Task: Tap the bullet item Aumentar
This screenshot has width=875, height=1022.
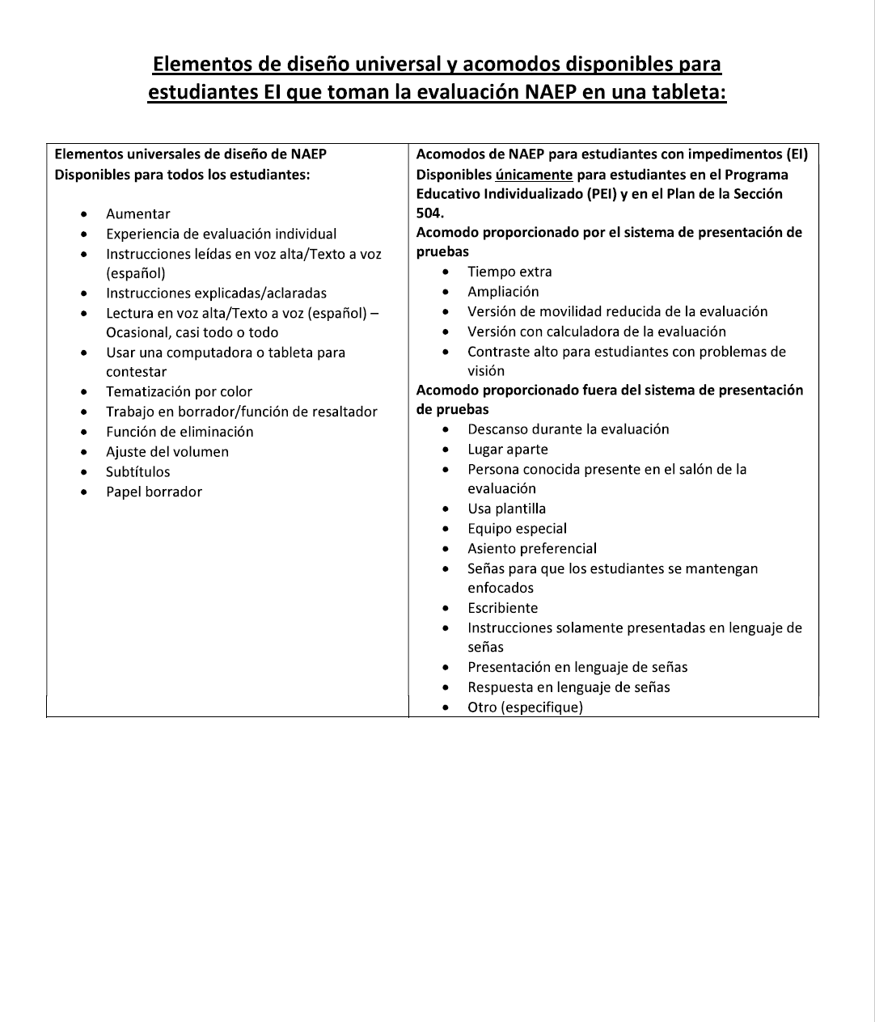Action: pos(138,214)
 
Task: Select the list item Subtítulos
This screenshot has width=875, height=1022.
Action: pos(138,472)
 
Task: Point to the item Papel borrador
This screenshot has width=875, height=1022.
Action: pos(154,492)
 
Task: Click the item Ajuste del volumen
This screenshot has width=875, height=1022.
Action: pos(167,452)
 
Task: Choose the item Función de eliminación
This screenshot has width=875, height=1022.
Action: pos(180,432)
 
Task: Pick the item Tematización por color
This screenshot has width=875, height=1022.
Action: pos(179,392)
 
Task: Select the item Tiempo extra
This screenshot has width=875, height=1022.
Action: pos(509,272)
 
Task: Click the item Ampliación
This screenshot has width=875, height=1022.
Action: pos(503,292)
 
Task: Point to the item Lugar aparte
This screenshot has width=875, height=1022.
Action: pos(508,450)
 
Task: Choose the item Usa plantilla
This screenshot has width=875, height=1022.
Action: pos(506,509)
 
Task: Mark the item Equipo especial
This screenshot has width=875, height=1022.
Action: pos(517,529)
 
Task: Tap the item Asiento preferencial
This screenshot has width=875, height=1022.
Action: pos(532,549)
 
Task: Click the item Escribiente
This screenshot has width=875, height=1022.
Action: pos(502,608)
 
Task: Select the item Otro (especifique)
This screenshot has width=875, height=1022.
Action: pos(525,707)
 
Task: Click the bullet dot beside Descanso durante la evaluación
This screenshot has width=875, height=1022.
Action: pos(446,430)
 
